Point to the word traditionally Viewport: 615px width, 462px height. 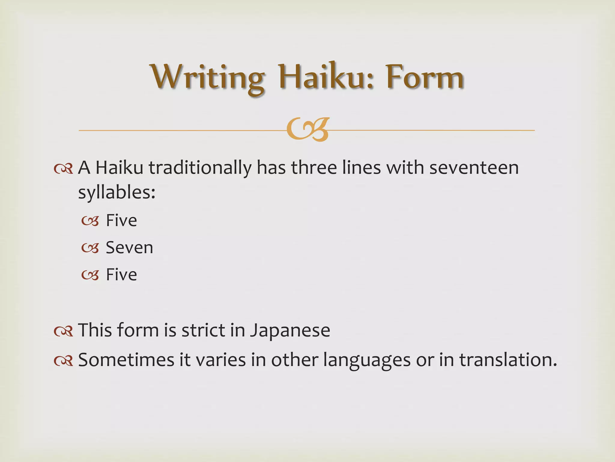click(x=200, y=168)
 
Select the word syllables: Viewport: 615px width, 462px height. click(x=117, y=192)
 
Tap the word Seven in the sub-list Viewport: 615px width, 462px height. click(x=129, y=248)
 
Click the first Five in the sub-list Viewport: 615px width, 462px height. click(x=121, y=220)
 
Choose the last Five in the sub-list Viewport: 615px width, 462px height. click(x=121, y=275)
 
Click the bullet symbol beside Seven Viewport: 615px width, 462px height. click(x=90, y=248)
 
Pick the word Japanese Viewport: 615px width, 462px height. click(x=290, y=331)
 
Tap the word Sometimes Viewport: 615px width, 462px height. click(x=126, y=360)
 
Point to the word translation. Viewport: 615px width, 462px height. click(x=508, y=360)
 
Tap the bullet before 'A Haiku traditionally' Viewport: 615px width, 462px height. click(x=64, y=169)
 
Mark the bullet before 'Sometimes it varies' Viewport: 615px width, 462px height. click(x=64, y=361)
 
